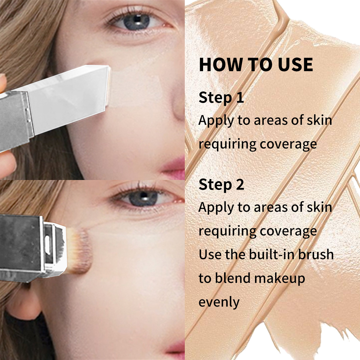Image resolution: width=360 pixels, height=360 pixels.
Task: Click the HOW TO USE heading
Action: pos(256,64)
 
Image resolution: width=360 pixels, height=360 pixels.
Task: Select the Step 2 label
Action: pos(221,184)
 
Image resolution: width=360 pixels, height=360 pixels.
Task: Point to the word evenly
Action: pos(219,302)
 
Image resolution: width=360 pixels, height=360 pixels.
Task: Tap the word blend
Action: pos(232,278)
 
